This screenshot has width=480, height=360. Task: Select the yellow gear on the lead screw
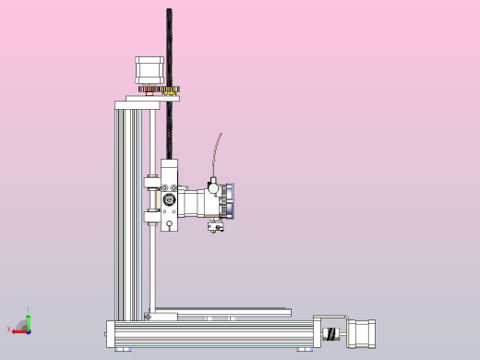click(x=170, y=90)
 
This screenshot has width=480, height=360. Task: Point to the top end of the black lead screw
click(x=170, y=12)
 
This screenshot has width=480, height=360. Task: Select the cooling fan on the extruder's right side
click(x=230, y=199)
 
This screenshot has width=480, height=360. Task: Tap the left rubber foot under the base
click(x=123, y=350)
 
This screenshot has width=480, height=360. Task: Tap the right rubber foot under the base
click(x=305, y=350)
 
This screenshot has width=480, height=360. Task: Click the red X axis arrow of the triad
click(x=18, y=330)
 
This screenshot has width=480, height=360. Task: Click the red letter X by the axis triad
click(x=8, y=330)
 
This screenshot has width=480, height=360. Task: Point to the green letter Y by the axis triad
click(x=29, y=310)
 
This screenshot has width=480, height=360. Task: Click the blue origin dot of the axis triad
click(x=28, y=330)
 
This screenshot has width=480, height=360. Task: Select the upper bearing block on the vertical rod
click(x=149, y=180)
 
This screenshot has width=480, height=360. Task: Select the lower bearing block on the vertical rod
click(x=149, y=219)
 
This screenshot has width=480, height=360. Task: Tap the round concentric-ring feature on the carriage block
click(x=170, y=200)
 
